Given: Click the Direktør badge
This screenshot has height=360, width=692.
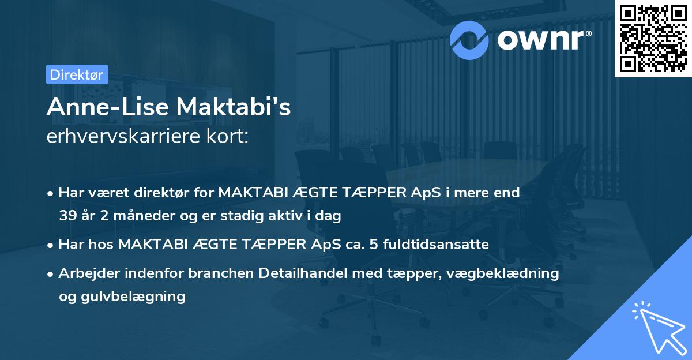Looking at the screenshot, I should coord(77,74).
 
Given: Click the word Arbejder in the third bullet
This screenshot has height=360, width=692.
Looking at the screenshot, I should coord(86,273).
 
